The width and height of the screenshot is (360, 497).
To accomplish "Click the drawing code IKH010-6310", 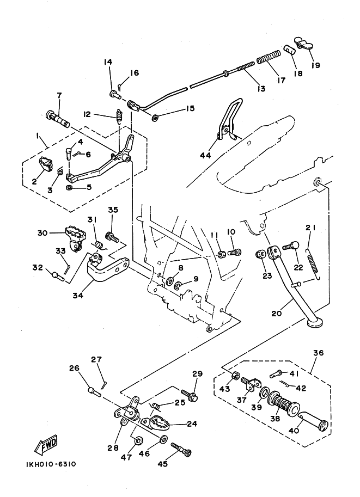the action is tap(51, 464).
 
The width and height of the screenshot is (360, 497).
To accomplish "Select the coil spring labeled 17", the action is tap(269, 57).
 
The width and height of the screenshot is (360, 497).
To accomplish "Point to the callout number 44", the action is tap(205, 155).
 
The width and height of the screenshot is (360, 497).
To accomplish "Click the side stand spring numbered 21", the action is tap(313, 263).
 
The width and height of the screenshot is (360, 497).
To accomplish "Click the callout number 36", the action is tap(318, 352).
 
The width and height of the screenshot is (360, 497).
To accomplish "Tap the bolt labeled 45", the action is tap(181, 450).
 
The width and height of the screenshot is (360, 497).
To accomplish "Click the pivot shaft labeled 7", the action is tap(58, 119).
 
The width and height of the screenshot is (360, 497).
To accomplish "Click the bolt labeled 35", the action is tap(113, 237).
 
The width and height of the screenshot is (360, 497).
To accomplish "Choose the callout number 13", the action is tap(261, 88).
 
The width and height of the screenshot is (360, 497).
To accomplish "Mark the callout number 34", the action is tap(78, 295).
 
